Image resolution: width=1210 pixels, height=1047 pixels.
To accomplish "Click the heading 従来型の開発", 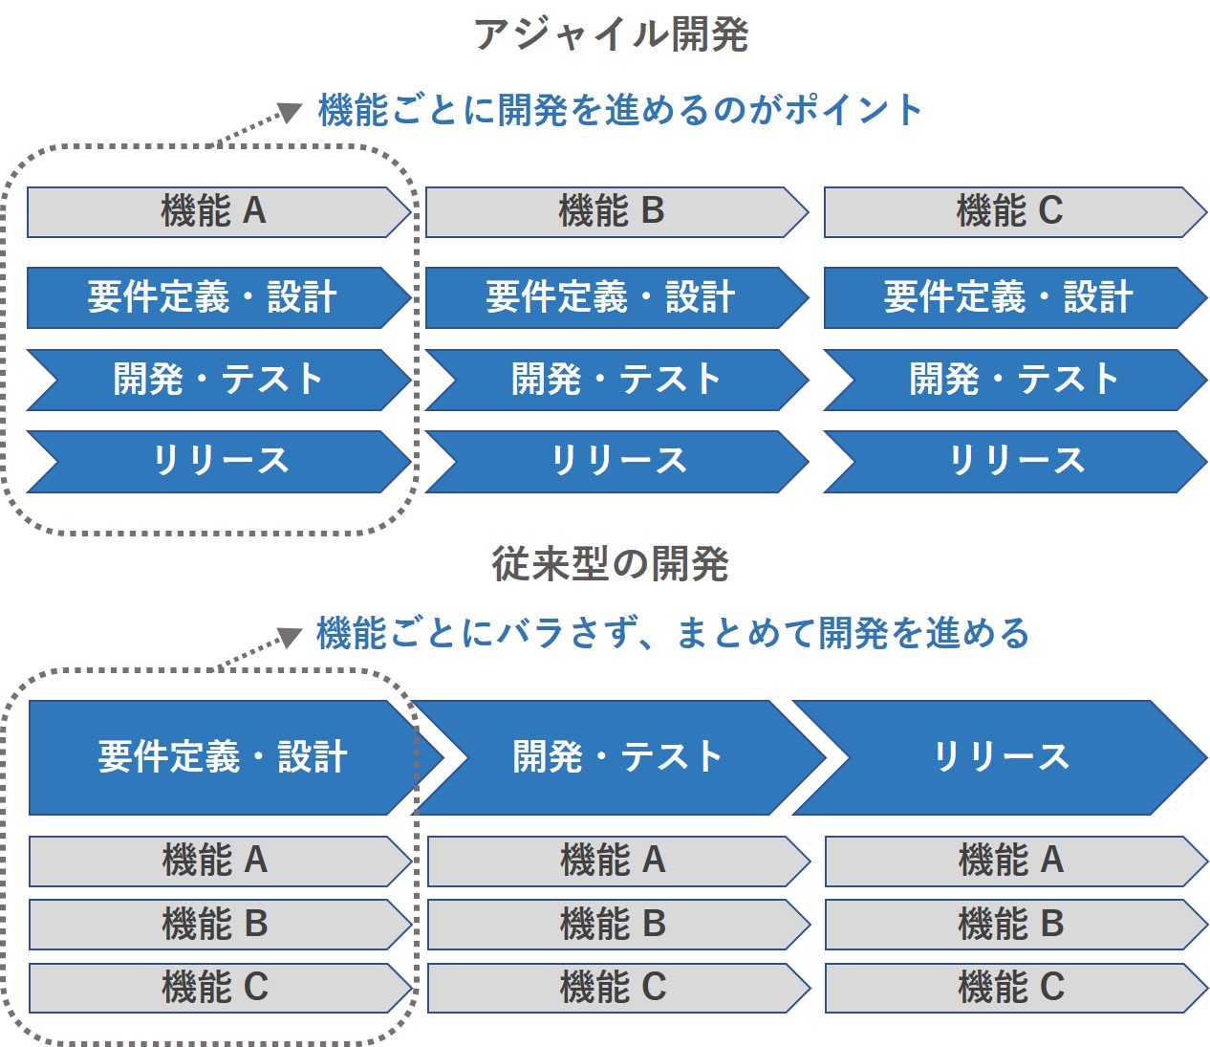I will [610, 564].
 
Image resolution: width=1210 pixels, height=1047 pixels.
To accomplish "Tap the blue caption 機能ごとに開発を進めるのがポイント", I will [619, 110].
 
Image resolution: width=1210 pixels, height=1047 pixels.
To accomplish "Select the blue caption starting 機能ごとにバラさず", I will [672, 633].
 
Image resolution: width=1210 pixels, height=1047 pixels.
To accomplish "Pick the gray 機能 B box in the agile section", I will [612, 211].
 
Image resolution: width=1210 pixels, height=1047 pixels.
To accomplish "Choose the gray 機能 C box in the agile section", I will [1010, 211].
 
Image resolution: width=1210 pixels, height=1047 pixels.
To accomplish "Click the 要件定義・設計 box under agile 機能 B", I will [612, 297].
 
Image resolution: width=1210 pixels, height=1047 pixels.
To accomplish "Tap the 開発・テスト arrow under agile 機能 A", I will [218, 380].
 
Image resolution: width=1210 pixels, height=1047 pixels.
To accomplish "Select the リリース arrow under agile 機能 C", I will [1016, 461].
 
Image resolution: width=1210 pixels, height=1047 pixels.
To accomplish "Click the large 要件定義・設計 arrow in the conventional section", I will [222, 757].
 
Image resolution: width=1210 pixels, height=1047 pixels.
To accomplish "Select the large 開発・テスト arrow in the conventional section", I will [617, 757].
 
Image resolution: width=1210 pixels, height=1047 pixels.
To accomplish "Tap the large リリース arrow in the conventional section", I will [1001, 757].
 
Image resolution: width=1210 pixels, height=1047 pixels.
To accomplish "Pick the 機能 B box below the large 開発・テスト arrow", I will [613, 925].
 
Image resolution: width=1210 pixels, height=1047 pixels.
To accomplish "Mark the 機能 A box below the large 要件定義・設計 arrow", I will [215, 861].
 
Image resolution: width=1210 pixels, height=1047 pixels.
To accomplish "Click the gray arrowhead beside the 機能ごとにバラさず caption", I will [289, 637].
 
